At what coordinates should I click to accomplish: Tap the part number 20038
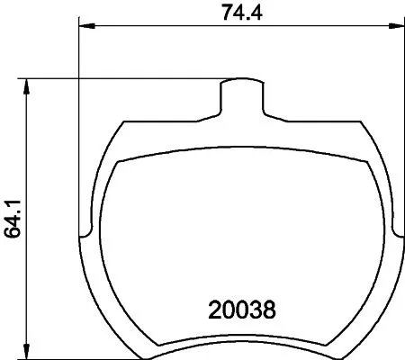pyautogui.click(x=240, y=311)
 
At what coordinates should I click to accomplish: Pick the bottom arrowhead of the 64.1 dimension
pyautogui.click(x=29, y=352)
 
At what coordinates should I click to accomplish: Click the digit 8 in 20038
pyautogui.click(x=267, y=311)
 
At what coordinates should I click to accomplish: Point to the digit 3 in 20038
pyautogui.click(x=254, y=311)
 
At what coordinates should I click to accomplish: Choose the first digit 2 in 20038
pyautogui.click(x=214, y=311)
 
